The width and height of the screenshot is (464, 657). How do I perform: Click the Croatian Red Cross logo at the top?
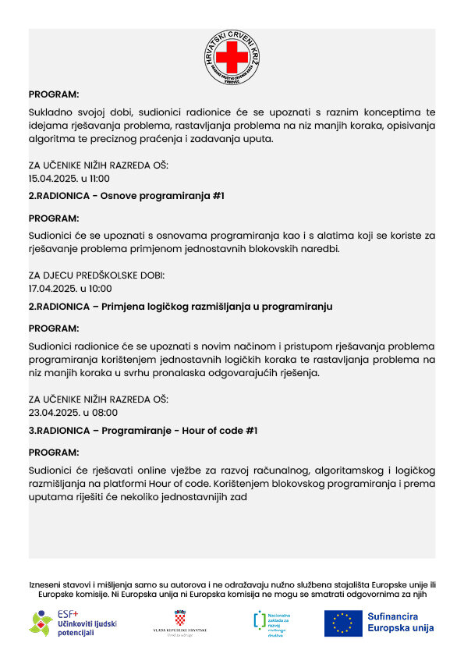coord(232,58)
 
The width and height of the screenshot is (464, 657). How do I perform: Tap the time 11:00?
coord(100,178)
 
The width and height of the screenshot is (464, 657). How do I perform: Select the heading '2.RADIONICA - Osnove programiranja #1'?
coord(126,196)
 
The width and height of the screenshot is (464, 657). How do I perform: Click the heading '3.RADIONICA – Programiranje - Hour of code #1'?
coord(143,430)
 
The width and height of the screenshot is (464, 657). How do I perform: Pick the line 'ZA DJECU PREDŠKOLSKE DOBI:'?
coord(97,275)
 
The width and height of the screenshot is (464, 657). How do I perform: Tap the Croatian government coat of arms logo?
coord(180,623)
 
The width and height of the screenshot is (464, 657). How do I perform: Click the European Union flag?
coord(343,623)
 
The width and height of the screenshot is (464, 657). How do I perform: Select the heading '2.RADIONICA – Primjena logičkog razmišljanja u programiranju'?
coord(180,307)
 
